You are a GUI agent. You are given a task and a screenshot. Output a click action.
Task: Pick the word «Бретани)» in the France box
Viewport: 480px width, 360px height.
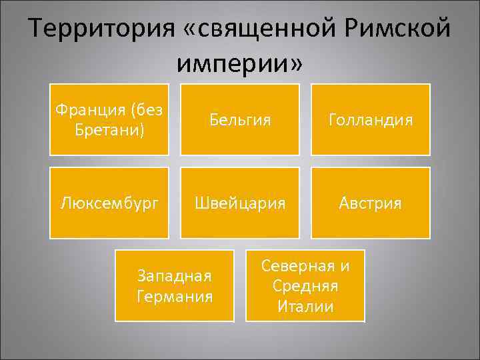(109, 128)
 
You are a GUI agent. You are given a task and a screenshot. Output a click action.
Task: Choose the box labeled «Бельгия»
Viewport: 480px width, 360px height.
(239, 120)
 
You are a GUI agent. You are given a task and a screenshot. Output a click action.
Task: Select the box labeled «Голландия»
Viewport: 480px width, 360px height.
(370, 120)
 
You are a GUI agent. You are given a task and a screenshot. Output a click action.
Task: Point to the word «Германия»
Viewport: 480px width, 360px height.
(174, 295)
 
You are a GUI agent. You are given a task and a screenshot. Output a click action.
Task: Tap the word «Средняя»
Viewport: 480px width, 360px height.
(305, 286)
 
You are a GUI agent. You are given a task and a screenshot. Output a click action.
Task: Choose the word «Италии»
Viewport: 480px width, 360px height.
(305, 306)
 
